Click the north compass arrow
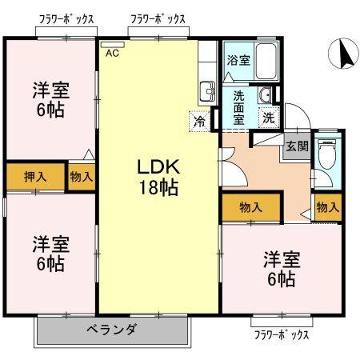click(x=343, y=54)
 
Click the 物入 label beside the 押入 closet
click(x=80, y=176)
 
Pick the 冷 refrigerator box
click(x=198, y=122)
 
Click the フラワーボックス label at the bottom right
click(x=281, y=334)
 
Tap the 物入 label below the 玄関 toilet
click(x=327, y=207)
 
